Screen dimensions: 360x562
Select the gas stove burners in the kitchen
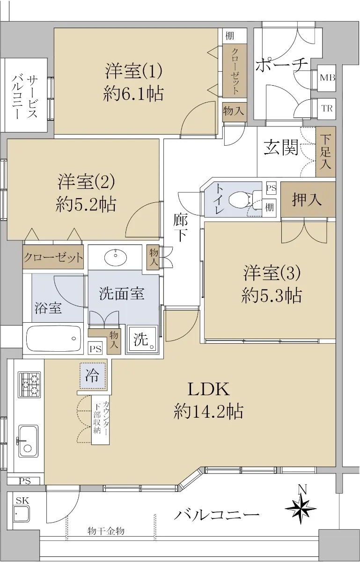pyautogui.click(x=29, y=385)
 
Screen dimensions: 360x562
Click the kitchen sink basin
pyautogui.click(x=29, y=441)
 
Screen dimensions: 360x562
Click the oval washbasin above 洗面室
pyautogui.click(x=116, y=257)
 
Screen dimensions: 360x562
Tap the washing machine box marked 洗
pyautogui.click(x=142, y=340)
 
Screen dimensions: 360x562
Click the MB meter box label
pyautogui.click(x=327, y=78)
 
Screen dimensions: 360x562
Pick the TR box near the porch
pyautogui.click(x=327, y=109)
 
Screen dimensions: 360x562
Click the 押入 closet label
pyautogui.click(x=307, y=200)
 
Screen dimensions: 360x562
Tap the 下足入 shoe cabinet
pyautogui.click(x=326, y=152)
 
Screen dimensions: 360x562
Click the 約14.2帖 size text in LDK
pyautogui.click(x=208, y=411)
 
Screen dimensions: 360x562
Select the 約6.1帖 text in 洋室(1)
pyautogui.click(x=133, y=93)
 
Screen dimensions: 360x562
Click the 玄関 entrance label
pyautogui.click(x=281, y=147)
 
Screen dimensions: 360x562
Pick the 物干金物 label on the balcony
pyautogui.click(x=106, y=530)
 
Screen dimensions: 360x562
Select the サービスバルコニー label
pyautogui.click(x=25, y=96)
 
